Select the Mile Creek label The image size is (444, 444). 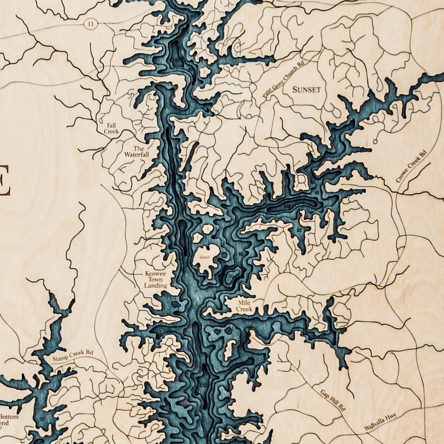click(245, 305)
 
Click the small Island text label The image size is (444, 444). click(205, 258)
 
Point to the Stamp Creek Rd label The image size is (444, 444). click(73, 356)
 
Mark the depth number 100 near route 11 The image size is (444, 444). click(177, 59)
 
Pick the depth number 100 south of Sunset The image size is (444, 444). click(287, 206)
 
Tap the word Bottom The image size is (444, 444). click(9, 417)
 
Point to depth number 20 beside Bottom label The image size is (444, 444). click(42, 418)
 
